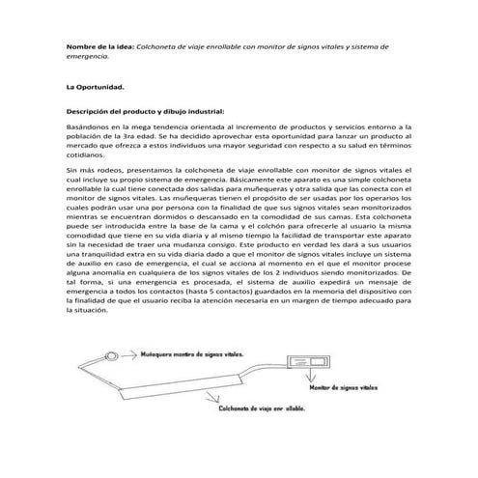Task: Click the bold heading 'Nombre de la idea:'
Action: click(x=100, y=45)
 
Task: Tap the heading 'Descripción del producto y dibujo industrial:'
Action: click(x=144, y=112)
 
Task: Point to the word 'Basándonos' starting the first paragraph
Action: click(x=88, y=127)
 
